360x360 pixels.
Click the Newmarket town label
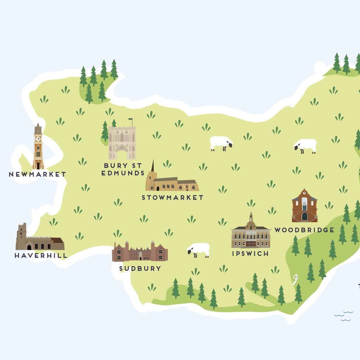(x=37, y=174)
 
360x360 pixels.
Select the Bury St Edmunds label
(x=123, y=169)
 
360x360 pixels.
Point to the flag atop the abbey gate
(x=131, y=120)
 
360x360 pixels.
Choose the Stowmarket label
(x=172, y=198)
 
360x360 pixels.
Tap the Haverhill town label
(x=41, y=256)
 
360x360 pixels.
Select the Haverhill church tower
(x=21, y=236)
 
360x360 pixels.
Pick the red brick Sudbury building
(x=140, y=252)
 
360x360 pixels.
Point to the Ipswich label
(x=250, y=253)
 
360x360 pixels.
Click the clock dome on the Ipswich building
(x=251, y=223)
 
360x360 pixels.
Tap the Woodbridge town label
(x=304, y=230)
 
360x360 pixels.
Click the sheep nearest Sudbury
(x=199, y=249)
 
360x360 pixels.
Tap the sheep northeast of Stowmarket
(x=221, y=142)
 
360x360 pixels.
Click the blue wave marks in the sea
(x=344, y=316)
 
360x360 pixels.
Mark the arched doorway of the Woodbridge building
(x=304, y=216)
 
